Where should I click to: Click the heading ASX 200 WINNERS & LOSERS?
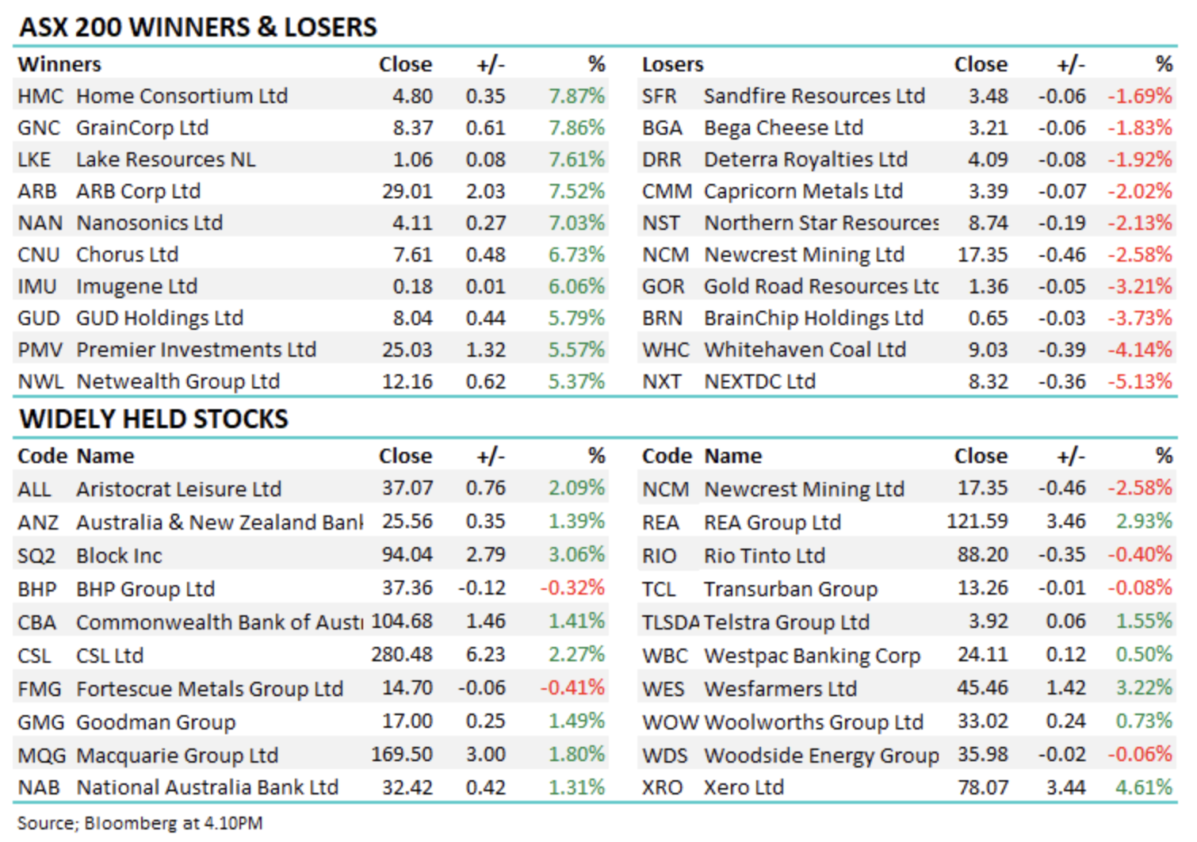tap(198, 27)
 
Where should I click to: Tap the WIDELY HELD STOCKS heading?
tap(154, 419)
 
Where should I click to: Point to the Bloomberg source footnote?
tap(140, 823)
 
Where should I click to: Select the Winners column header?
tap(59, 64)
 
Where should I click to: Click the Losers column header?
tap(672, 64)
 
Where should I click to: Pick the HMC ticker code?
tap(40, 96)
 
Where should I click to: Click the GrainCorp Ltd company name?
tap(142, 128)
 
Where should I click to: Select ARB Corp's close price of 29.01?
tap(407, 191)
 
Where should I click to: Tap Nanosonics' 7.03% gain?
tap(576, 223)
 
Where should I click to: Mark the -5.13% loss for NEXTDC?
tap(1140, 381)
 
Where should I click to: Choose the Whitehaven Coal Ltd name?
tap(805, 350)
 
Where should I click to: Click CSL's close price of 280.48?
tap(402, 655)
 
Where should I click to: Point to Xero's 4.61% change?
tap(1144, 787)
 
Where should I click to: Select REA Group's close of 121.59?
tap(977, 522)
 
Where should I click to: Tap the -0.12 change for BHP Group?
tap(482, 588)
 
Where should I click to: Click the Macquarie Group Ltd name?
tap(177, 755)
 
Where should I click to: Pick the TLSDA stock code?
tap(671, 622)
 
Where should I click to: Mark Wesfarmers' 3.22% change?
tap(1144, 687)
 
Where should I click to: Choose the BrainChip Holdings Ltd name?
tap(813, 318)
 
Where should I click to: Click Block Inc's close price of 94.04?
tap(407, 554)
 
